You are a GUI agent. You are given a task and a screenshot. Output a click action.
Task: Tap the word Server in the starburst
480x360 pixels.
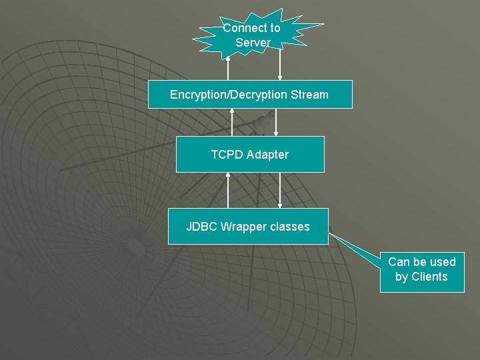(x=253, y=43)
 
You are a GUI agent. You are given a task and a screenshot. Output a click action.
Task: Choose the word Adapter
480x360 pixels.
(x=267, y=155)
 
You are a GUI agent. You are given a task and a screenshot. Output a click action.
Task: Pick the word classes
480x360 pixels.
(x=290, y=227)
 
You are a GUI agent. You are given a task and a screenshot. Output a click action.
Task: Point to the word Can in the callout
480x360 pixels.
(x=399, y=262)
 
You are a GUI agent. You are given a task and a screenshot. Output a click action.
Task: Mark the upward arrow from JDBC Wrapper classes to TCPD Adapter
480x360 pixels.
(x=228, y=190)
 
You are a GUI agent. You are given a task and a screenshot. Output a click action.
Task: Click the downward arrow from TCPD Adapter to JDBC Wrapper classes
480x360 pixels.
(x=280, y=190)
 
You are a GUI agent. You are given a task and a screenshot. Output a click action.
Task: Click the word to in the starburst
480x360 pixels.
(x=274, y=28)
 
